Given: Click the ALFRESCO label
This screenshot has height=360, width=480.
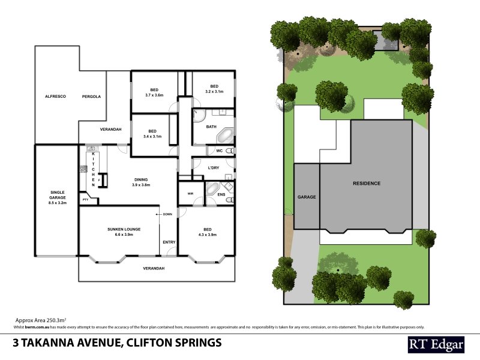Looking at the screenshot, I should (55, 96).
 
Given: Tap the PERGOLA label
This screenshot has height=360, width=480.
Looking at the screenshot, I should (91, 96).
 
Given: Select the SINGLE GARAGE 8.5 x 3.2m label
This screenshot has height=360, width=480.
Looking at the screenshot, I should (58, 197).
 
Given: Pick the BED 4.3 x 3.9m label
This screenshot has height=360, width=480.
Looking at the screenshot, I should (207, 232).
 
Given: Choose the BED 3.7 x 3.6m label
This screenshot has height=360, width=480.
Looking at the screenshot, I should (154, 92).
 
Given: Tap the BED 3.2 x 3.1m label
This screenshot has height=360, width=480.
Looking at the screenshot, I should (214, 89).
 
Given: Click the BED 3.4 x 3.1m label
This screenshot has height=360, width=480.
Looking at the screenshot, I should (152, 134).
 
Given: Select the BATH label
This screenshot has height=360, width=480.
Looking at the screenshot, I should (211, 127).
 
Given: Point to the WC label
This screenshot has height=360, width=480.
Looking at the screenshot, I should (219, 150).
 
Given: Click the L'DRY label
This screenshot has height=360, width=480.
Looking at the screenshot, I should (213, 167).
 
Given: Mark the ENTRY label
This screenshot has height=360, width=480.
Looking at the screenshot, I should (169, 242).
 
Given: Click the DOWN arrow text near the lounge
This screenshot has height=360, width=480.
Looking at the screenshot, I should (166, 214).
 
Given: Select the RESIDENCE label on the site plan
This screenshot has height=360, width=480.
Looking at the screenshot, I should (366, 183).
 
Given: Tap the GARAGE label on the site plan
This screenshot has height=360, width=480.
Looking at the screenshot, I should (307, 197).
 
